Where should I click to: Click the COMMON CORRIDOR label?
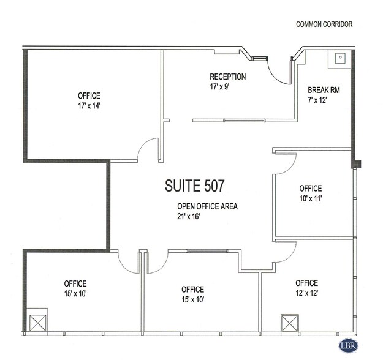coord(324,24)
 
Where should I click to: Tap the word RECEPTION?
coord(227,77)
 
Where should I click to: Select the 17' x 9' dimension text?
coord(219,87)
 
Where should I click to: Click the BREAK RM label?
coord(324,89)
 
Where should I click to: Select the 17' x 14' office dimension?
coord(89,106)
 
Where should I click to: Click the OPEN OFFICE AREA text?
coord(207,206)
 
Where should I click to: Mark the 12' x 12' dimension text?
coord(306,293)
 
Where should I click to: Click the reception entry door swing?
coord(279,71)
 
